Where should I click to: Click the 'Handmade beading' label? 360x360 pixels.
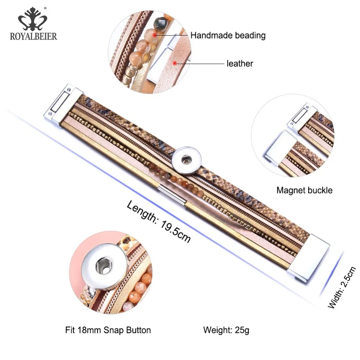pos(228,35)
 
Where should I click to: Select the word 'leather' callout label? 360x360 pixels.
pos(240,64)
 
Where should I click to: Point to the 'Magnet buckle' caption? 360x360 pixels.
pos(304,190)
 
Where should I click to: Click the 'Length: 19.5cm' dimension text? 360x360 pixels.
pos(159,221)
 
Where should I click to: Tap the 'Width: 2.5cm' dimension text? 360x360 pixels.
pos(342,287)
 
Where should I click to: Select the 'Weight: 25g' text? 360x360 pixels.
pos(226,329)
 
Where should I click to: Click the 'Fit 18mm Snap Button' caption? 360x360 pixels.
pos(108,329)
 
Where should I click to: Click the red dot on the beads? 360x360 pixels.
pos(155,35)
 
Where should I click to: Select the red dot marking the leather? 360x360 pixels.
pos(175,64)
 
